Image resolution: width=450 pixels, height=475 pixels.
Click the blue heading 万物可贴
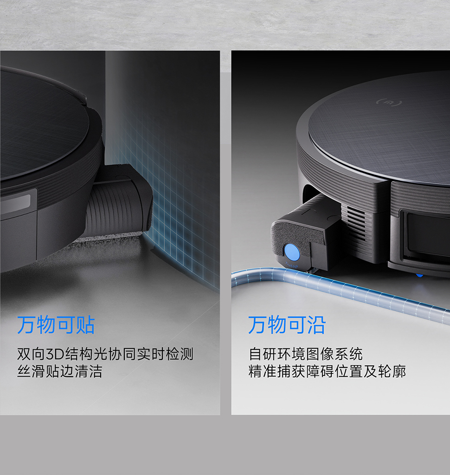[x=56, y=325]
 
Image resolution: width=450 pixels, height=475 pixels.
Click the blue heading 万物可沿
[x=287, y=325]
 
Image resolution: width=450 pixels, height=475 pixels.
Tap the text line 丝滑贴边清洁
[x=60, y=372]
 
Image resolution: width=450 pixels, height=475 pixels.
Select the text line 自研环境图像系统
[x=305, y=354]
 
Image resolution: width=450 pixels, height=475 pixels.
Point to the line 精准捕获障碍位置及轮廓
[x=327, y=372]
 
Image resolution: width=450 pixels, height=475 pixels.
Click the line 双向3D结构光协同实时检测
[x=105, y=354]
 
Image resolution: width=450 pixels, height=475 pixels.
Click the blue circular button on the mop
[x=291, y=252]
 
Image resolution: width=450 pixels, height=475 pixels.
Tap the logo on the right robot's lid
[x=389, y=103]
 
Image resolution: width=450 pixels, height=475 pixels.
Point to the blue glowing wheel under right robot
[x=420, y=276]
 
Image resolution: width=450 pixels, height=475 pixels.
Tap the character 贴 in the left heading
[x=86, y=325]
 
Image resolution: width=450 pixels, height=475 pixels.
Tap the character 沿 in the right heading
[x=316, y=325]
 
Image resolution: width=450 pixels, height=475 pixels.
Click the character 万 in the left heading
[x=26, y=325]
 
